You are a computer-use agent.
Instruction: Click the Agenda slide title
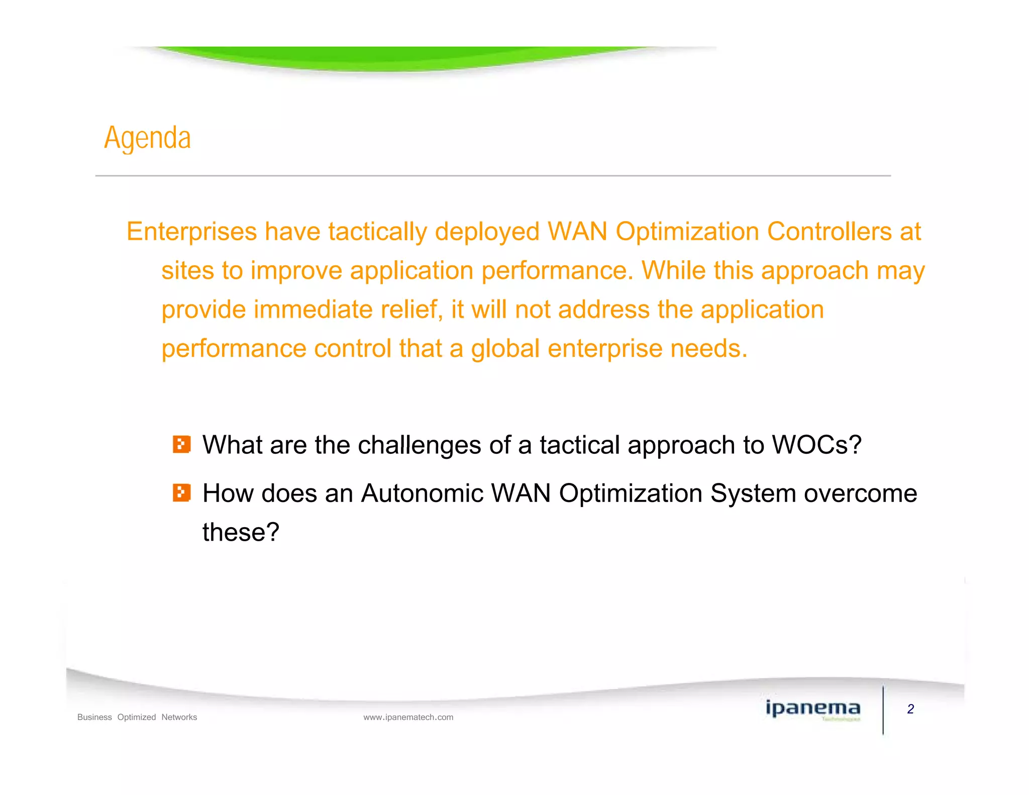(147, 138)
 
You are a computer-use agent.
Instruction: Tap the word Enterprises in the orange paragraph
(191, 232)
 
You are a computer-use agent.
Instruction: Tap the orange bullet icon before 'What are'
(181, 445)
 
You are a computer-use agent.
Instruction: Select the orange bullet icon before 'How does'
(181, 493)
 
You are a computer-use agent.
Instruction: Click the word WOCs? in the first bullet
(816, 445)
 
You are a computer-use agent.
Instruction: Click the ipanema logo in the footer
(812, 709)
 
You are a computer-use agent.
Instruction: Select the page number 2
(910, 709)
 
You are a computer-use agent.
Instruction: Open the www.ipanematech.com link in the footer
(408, 717)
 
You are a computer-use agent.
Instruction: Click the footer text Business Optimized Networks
(137, 717)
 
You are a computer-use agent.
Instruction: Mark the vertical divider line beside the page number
(883, 710)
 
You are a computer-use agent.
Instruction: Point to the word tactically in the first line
(377, 232)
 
